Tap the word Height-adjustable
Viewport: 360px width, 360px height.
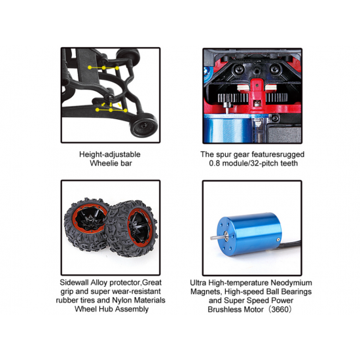[x=110, y=154]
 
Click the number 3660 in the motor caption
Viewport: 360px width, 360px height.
[x=279, y=310]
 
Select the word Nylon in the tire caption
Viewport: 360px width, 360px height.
[x=122, y=300]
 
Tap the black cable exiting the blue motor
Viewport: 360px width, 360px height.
[x=291, y=244]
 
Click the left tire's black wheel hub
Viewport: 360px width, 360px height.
[x=90, y=219]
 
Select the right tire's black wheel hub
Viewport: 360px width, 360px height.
[x=139, y=227]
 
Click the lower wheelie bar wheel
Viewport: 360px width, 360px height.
[x=144, y=126]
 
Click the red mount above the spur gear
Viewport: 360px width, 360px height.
[x=257, y=92]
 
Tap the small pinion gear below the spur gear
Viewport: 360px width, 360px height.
[x=227, y=105]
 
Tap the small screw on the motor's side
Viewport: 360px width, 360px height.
[x=278, y=240]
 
